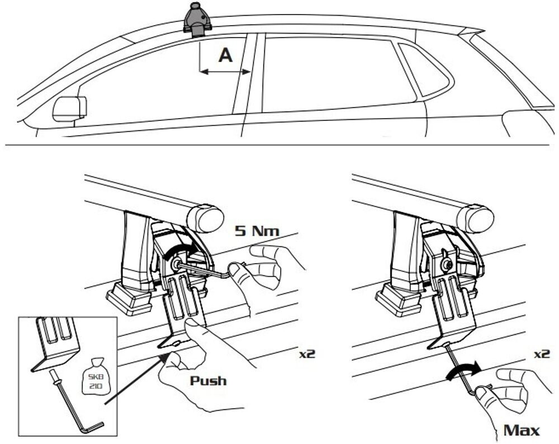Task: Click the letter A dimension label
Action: tap(225, 55)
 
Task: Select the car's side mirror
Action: tap(69, 108)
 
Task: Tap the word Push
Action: tap(208, 381)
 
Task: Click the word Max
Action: tap(521, 430)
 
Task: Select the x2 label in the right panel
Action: tap(541, 354)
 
